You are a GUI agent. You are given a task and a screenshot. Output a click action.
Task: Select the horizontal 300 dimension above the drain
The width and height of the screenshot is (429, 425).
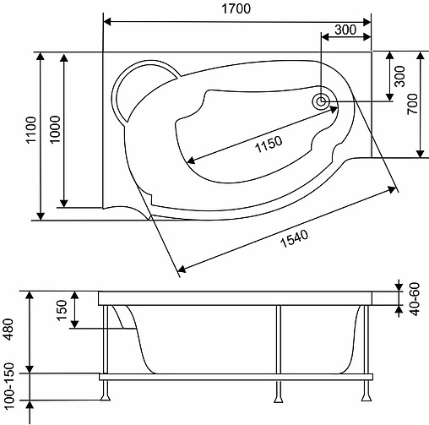pos(345,30)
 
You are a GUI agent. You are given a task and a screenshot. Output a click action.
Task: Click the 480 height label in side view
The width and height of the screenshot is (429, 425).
pos(9,327)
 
